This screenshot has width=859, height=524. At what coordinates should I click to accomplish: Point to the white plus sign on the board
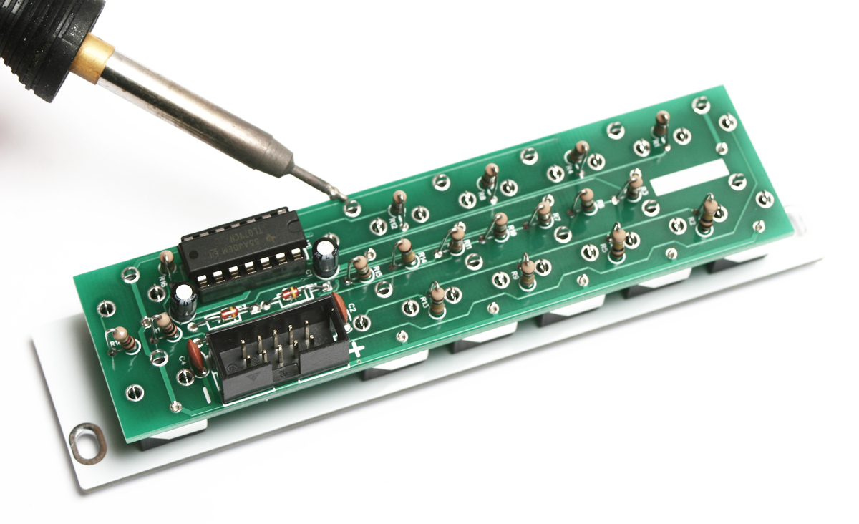pyautogui.click(x=356, y=350)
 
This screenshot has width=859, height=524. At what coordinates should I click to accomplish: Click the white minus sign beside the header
pyautogui.click(x=205, y=393)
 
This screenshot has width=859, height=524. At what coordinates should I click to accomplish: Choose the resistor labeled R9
pyautogui.click(x=527, y=270)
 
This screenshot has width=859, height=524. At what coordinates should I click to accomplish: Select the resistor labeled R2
pyautogui.click(x=617, y=239)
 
